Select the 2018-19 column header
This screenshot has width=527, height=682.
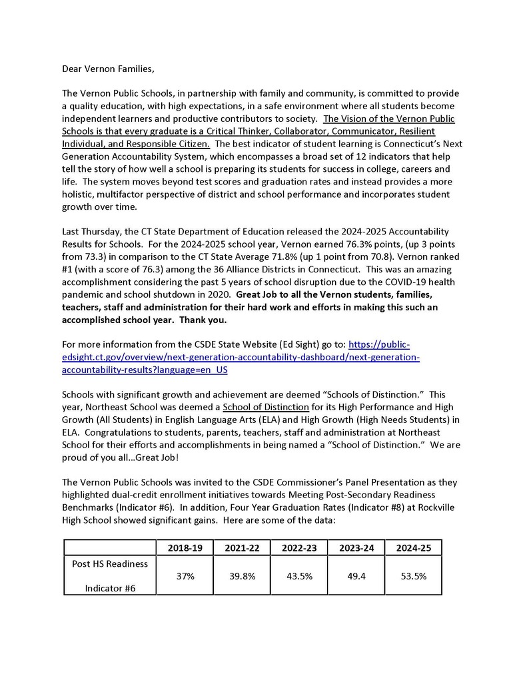tap(185, 547)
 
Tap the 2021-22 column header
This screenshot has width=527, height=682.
tap(242, 547)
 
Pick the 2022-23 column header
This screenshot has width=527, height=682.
tap(299, 547)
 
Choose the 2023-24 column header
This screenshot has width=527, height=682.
tap(356, 547)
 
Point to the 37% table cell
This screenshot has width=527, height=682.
tap(185, 576)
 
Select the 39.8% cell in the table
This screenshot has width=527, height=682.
tap(242, 576)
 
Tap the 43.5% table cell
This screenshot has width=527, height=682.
tap(299, 576)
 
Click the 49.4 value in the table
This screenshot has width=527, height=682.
tap(356, 576)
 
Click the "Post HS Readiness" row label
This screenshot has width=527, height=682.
tap(110, 564)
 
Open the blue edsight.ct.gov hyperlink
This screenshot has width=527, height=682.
tap(240, 357)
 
